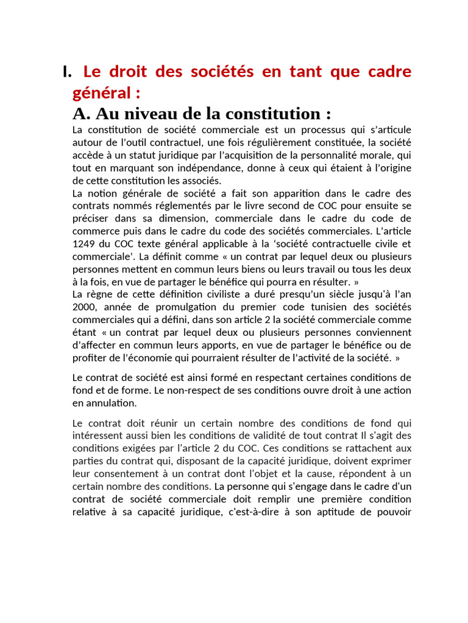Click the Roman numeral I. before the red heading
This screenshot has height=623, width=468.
coord(66,72)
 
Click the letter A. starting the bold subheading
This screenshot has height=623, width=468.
coord(81,114)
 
